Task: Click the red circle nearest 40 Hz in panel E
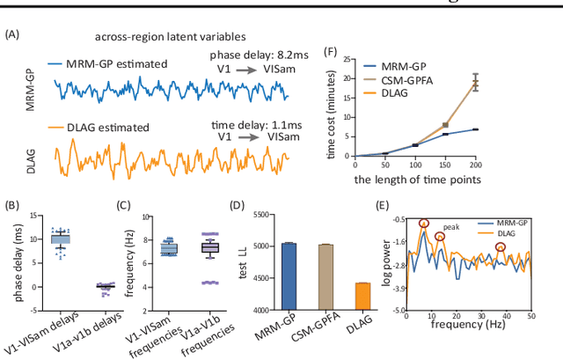coord(501,246)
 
